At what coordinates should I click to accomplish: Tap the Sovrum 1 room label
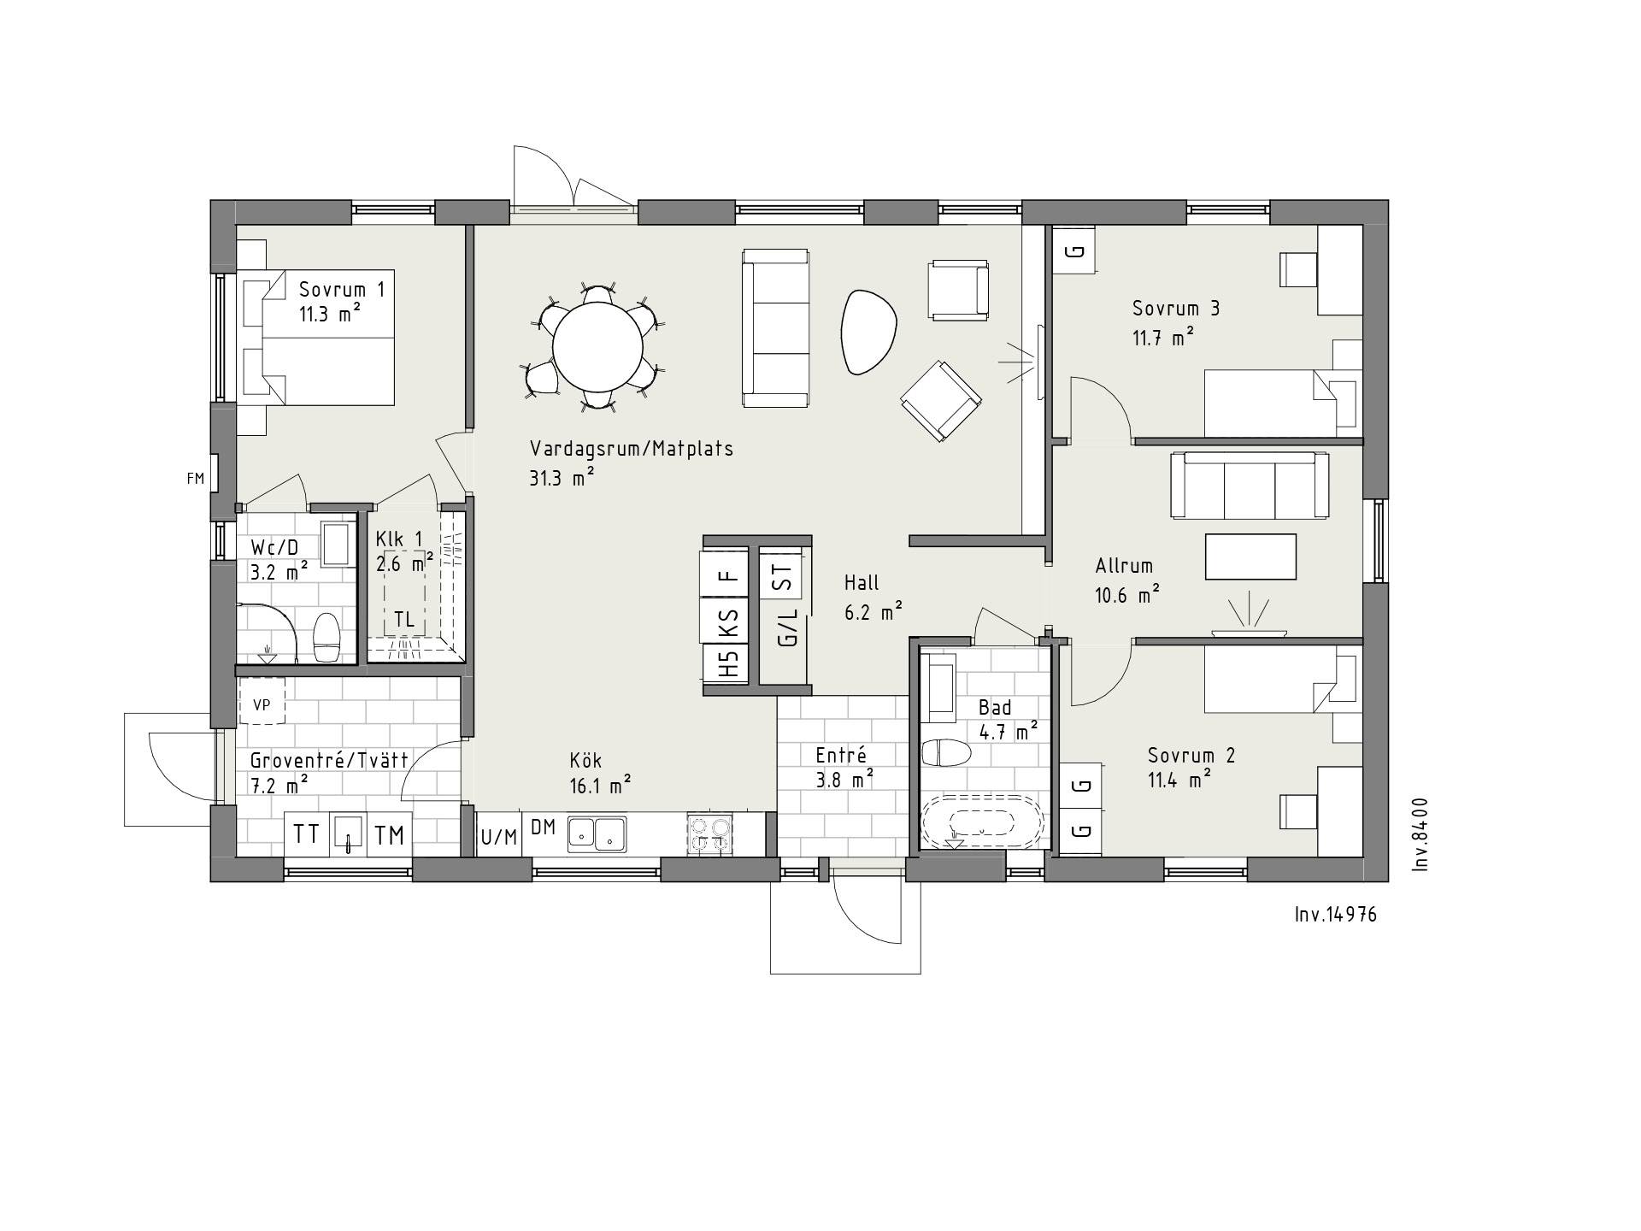click(342, 301)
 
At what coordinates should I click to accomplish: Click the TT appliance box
click(306, 833)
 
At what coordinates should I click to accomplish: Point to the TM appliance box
click(390, 833)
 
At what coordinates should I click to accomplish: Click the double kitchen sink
click(597, 833)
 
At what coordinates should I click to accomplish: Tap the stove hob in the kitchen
click(709, 833)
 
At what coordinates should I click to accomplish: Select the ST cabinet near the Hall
click(783, 572)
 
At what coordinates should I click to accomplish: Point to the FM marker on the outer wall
click(196, 479)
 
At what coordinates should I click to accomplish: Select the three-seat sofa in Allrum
click(1250, 486)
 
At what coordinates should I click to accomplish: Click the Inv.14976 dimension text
click(1336, 915)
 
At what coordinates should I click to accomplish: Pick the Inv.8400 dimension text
click(1420, 834)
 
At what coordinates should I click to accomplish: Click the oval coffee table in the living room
click(870, 332)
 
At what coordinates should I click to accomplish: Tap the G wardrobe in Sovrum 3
click(1074, 250)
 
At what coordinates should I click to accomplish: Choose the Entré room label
click(841, 755)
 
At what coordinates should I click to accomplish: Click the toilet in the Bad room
click(946, 753)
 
